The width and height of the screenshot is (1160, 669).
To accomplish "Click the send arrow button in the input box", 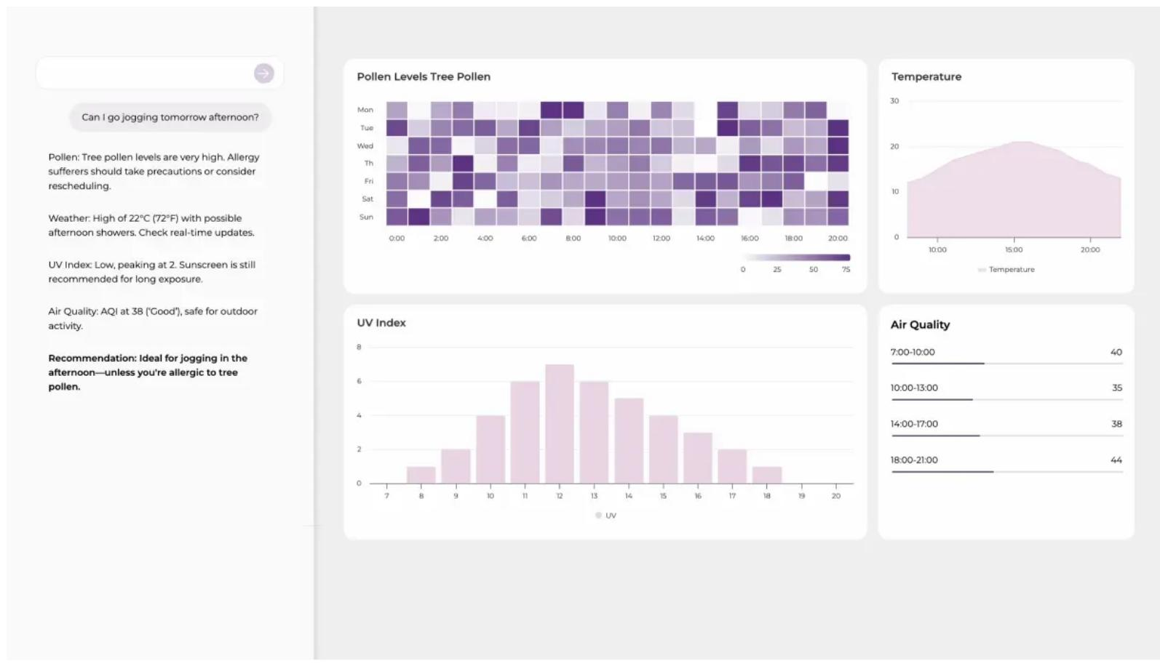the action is click(263, 73).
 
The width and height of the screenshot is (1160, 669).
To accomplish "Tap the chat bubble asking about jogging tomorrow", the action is click(170, 118).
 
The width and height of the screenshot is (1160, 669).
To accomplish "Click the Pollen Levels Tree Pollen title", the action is click(424, 76).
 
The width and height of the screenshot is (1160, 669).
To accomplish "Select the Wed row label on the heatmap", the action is click(365, 146).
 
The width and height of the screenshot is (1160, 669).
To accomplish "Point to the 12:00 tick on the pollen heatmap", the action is click(662, 239).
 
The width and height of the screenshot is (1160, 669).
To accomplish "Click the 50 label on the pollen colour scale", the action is click(814, 270).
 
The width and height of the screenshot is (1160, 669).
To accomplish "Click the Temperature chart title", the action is click(926, 76).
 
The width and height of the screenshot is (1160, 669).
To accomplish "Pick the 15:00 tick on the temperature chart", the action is click(1014, 250).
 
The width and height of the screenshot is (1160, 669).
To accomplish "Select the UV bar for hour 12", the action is click(560, 424).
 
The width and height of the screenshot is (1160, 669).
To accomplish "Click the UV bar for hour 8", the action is click(421, 475).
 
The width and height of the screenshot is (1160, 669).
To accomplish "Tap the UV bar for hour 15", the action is click(664, 449).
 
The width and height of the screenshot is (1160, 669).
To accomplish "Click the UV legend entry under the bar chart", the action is click(606, 516).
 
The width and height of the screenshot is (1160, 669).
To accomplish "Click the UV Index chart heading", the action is click(381, 323).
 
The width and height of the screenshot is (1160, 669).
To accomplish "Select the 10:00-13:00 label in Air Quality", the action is click(914, 388).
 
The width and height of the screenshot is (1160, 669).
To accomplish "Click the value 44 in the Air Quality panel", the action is click(1116, 460).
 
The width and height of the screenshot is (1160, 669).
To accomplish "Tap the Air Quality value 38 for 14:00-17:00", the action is click(1116, 424).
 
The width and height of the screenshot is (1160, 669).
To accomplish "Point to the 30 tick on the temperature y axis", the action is click(894, 101).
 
